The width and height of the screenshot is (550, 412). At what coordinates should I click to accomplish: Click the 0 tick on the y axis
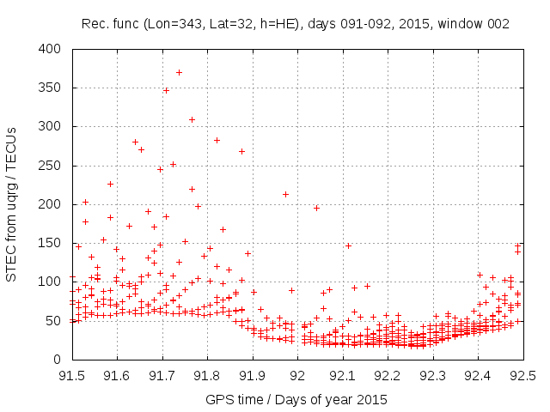pyautogui.click(x=58, y=358)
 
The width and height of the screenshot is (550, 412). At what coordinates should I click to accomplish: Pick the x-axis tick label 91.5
pyautogui.click(x=71, y=375)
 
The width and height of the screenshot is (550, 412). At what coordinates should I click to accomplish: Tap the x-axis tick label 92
pyautogui.click(x=298, y=375)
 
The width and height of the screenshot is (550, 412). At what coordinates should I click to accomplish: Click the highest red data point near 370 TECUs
pyautogui.click(x=179, y=72)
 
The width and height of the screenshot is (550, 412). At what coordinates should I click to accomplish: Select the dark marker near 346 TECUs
pyautogui.click(x=166, y=90)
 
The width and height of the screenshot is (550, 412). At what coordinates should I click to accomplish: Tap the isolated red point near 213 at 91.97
pyautogui.click(x=285, y=194)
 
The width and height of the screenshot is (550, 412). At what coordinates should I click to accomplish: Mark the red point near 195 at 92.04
pyautogui.click(x=316, y=208)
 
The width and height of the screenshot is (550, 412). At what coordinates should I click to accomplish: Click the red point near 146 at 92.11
pyautogui.click(x=348, y=245)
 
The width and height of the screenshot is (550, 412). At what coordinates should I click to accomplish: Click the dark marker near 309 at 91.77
pyautogui.click(x=192, y=119)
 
